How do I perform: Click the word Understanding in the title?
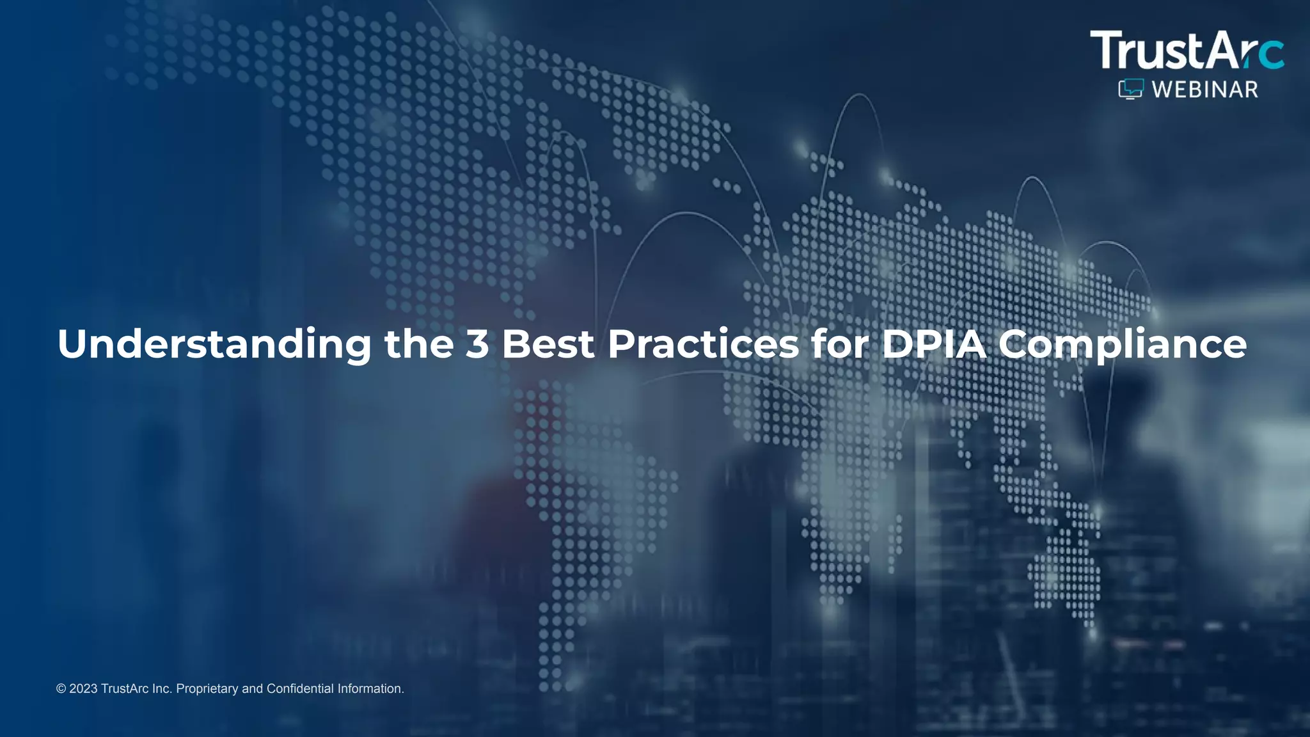214,344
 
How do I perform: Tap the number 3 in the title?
477,344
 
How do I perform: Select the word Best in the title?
548,344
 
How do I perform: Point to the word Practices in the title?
703,344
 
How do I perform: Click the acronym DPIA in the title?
935,344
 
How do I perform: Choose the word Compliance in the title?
1123,344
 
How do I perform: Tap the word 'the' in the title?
419,344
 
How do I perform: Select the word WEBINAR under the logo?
1205,90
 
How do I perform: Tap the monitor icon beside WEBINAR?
1130,90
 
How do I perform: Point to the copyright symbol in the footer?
61,689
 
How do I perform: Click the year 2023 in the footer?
83,689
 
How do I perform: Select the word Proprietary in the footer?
207,689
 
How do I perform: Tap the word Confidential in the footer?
300,689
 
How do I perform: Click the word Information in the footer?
370,689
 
